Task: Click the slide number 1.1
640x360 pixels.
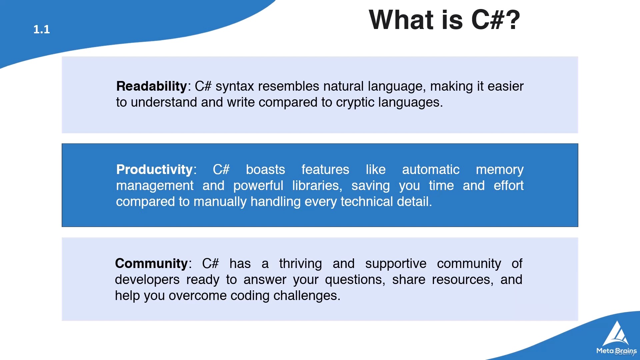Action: (42, 29)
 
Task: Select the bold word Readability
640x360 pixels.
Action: (151, 86)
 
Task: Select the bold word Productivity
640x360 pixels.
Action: (154, 170)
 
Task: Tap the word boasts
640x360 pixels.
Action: (266, 170)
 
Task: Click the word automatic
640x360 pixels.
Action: (431, 170)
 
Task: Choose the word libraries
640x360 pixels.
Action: (317, 186)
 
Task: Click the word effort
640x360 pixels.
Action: (509, 186)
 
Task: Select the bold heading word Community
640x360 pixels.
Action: (151, 264)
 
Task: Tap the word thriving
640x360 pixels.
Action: (301, 264)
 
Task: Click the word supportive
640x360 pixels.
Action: (396, 264)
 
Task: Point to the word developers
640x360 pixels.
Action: (147, 280)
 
